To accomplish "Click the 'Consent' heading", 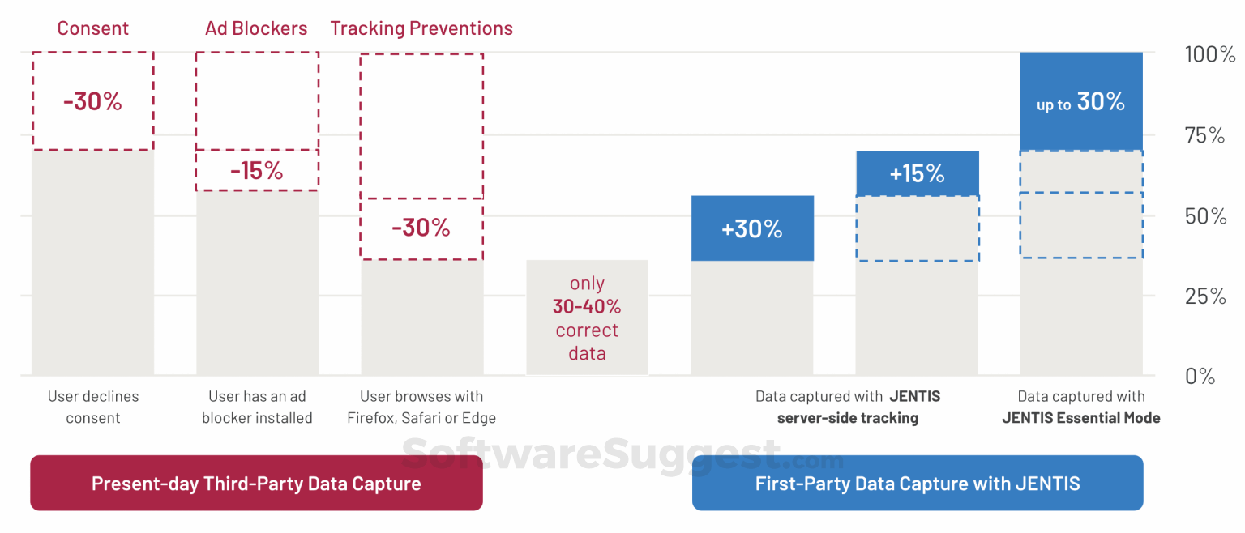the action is pos(93,28).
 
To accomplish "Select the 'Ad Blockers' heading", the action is pos(256,28).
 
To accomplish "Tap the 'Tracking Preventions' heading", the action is pos(421,28).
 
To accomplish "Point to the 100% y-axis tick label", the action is pos(1209,54).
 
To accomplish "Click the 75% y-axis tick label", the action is pos(1205,135).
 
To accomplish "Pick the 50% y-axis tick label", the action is pos(1205,216).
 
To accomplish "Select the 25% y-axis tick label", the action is pos(1205,296).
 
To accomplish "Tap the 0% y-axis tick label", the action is pos(1200,377).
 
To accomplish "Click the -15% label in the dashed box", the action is pos(257,171).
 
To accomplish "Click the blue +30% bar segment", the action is pos(752,228).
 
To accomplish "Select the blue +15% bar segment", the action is pos(918,173).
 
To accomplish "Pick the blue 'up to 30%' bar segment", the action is pos(1081,101).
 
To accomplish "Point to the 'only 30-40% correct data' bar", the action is pos(588,318).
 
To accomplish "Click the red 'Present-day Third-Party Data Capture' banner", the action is pos(256,483).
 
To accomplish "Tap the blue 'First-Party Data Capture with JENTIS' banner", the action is pos(918,483).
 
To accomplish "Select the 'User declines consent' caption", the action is pos(93,407).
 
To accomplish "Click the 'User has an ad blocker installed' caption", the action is pos(257,407).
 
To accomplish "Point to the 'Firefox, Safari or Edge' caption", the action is pos(421,418).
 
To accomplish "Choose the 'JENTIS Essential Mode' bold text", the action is pos(1081,418).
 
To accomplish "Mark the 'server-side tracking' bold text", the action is pos(848,418).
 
